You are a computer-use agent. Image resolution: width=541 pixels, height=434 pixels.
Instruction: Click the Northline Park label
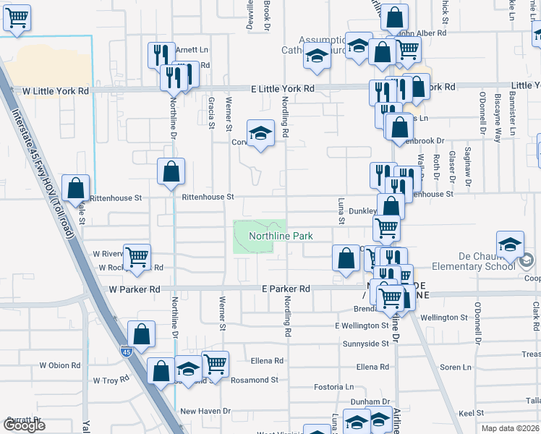281,237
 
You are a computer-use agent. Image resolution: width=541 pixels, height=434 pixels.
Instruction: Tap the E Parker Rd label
286,289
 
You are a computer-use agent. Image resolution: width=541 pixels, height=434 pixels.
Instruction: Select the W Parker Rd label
135,289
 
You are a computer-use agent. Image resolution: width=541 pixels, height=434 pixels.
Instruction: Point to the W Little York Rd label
56,92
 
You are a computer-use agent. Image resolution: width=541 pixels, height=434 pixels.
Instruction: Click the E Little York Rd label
283,88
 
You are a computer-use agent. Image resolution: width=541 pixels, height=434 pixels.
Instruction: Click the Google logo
24,425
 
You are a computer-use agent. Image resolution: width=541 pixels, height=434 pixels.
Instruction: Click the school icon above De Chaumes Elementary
511,244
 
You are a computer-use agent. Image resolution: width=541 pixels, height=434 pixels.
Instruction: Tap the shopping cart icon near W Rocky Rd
137,255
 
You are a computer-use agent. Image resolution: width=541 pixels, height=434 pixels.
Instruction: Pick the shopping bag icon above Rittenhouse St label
171,171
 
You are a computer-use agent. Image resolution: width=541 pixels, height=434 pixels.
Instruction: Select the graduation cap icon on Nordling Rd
260,133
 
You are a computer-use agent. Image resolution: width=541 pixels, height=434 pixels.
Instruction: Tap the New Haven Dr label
205,411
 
